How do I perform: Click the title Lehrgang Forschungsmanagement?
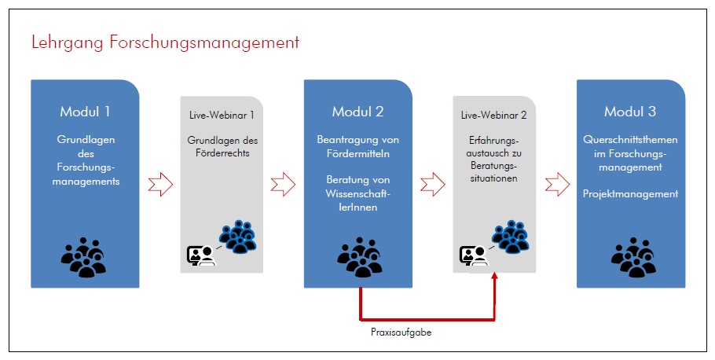[x=165, y=42]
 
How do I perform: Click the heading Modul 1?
[x=86, y=111]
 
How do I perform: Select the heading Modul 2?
[x=358, y=111]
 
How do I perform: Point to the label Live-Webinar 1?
[x=222, y=115]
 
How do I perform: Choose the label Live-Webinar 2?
[x=493, y=115]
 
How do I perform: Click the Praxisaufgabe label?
[x=401, y=332]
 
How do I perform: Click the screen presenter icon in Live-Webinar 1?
[x=200, y=255]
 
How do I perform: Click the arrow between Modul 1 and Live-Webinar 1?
[x=160, y=186]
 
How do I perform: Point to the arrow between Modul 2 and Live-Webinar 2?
[x=432, y=186]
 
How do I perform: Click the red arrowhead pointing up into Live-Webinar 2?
[x=495, y=278]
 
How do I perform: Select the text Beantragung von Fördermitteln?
[x=358, y=146]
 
